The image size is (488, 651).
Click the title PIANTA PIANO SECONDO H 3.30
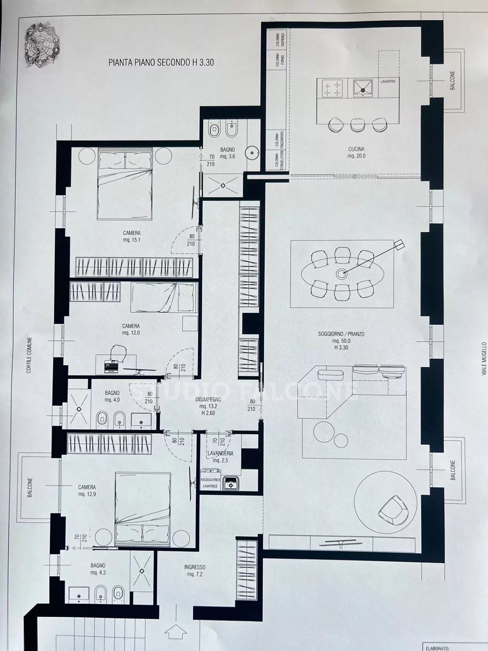tap(161, 62)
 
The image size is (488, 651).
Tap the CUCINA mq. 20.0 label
tap(356, 153)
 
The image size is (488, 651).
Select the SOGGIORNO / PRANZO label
tap(341, 334)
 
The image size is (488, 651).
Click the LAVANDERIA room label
tap(221, 453)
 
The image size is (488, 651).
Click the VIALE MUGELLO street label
tap(484, 359)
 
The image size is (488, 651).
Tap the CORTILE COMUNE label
tap(29, 355)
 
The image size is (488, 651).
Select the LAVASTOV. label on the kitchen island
tap(388, 82)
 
